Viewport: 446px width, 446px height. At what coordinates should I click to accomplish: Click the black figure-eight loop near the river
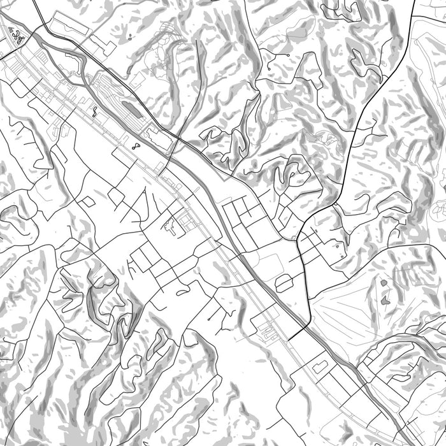(x=136, y=146)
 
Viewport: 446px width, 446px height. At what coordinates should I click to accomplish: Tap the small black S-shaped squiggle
(x=95, y=113)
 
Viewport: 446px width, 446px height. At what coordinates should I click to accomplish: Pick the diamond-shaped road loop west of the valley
(x=88, y=202)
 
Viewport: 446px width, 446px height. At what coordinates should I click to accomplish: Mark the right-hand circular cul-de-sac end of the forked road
(x=289, y=56)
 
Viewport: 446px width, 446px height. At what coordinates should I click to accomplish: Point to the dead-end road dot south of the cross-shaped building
(x=208, y=317)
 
